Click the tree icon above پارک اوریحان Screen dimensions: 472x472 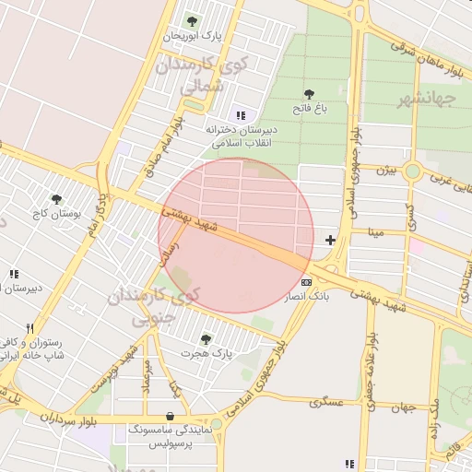[x=192, y=21]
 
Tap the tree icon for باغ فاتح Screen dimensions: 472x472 [x=308, y=93]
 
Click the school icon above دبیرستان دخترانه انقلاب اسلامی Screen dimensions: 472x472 [x=241, y=115]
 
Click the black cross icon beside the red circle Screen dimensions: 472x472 [x=330, y=241]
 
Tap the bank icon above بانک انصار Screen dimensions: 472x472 [x=306, y=282]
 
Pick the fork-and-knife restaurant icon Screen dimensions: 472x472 [x=30, y=327]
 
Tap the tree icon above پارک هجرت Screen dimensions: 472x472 [x=206, y=338]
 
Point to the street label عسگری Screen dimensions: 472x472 [x=326, y=402]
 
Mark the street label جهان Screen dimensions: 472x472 [x=403, y=407]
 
